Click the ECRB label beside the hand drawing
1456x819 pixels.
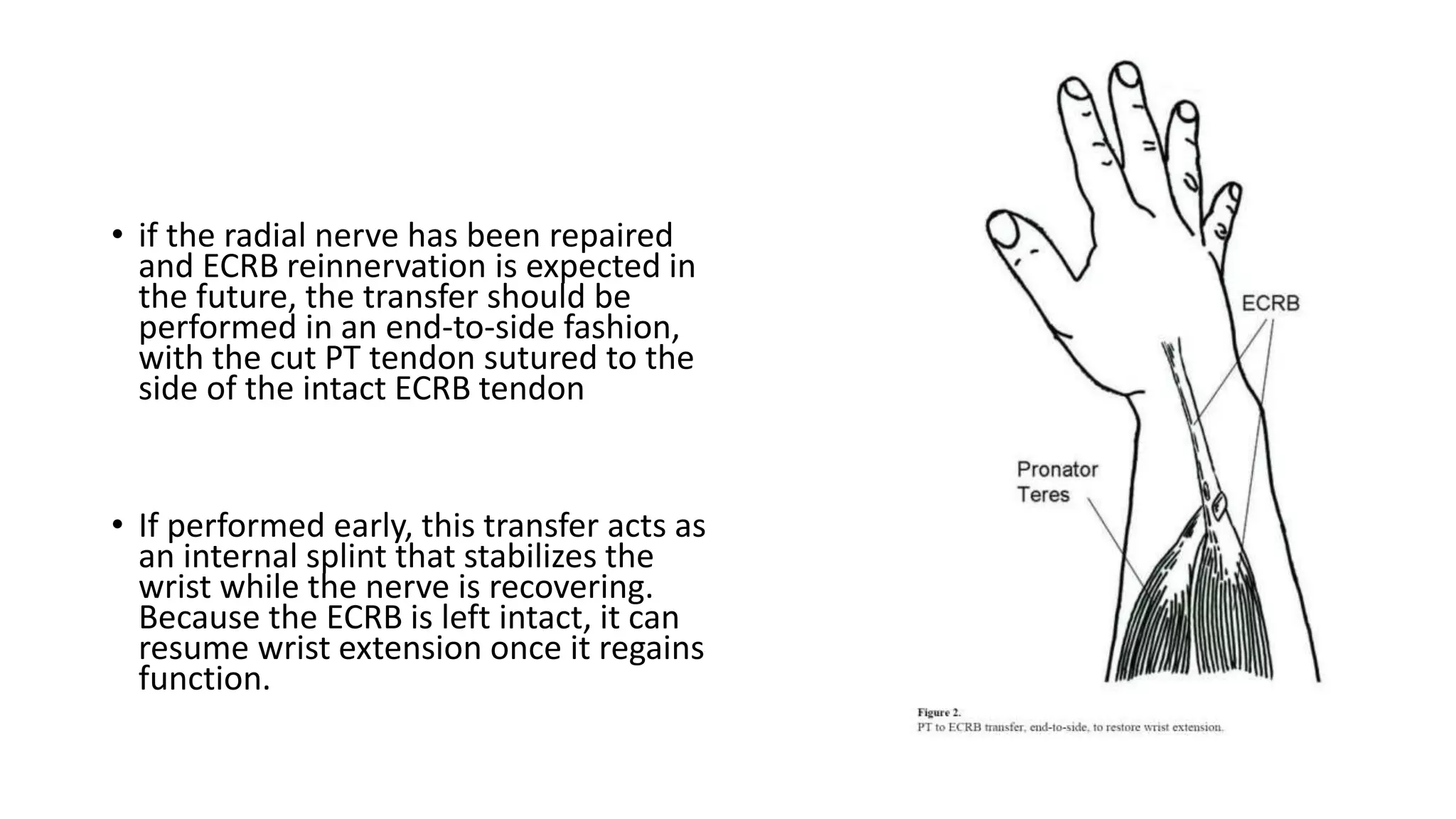tap(1270, 304)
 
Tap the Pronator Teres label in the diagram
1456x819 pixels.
tap(1057, 481)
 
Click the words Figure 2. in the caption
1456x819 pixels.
tap(938, 712)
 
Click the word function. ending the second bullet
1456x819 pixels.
tap(204, 679)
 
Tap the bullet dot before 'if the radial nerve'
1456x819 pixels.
tap(117, 235)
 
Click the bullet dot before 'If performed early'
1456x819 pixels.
tap(117, 525)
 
